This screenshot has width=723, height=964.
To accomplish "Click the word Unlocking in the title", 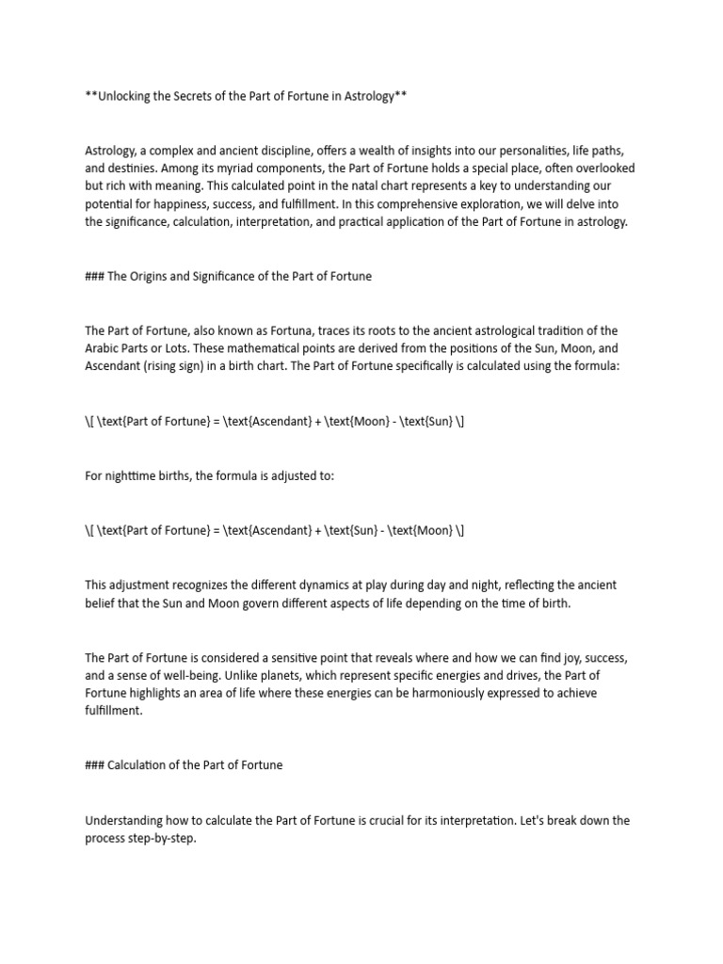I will pos(128,97).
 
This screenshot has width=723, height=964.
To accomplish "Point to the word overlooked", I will pos(603,168).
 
